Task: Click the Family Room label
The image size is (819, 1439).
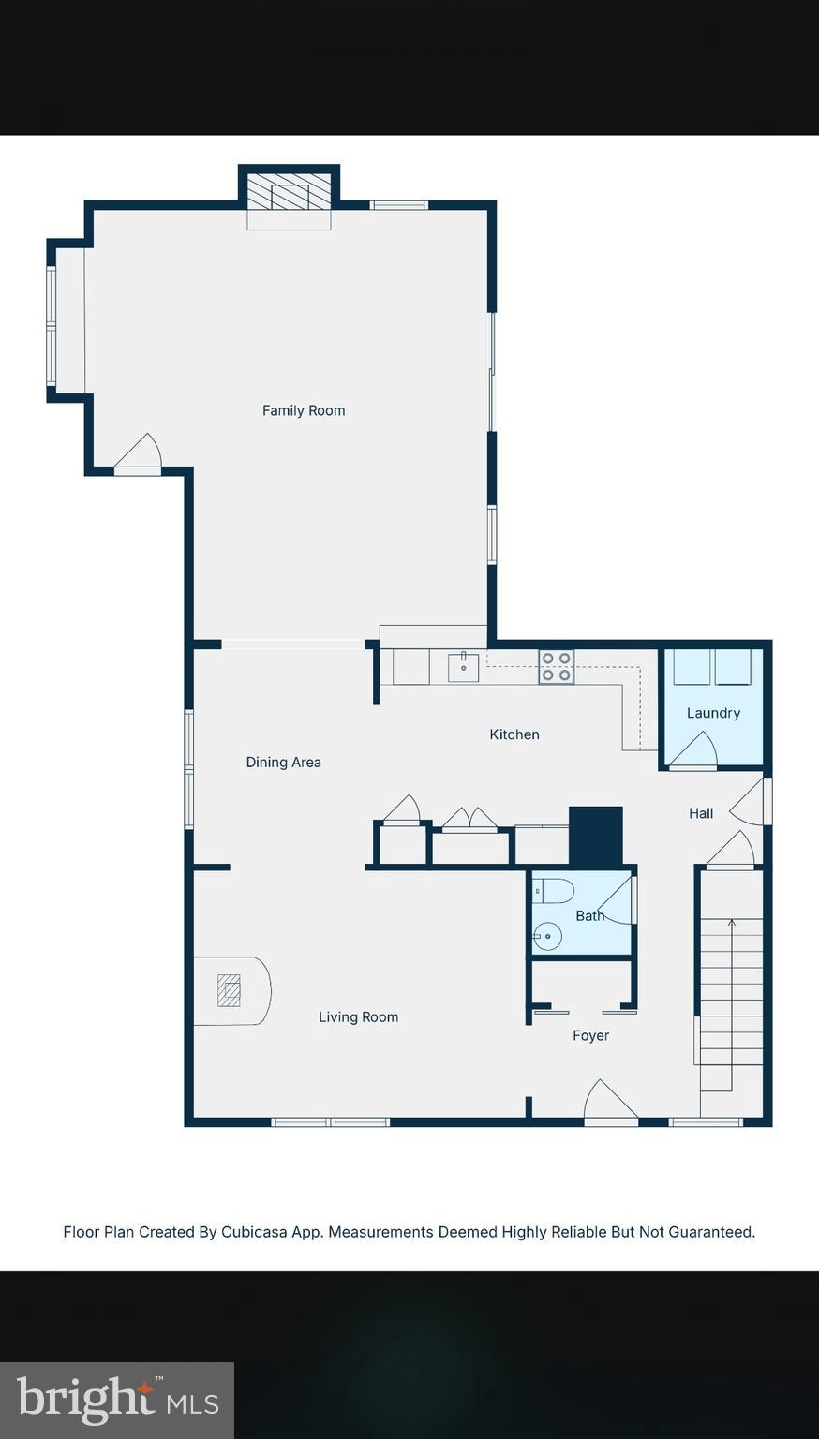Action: click(303, 410)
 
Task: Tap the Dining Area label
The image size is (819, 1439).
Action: click(283, 763)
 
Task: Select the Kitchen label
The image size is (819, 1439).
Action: click(514, 734)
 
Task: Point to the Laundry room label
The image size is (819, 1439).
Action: click(713, 713)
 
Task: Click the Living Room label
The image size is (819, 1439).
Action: click(358, 1016)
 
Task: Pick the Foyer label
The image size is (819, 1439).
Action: click(590, 1035)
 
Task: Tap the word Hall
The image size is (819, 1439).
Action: click(701, 813)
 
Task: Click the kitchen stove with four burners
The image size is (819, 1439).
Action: click(556, 667)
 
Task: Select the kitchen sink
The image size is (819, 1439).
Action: click(463, 667)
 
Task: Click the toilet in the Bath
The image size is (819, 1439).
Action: click(553, 890)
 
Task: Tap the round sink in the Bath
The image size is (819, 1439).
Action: click(547, 936)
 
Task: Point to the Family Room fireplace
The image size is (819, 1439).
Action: click(290, 195)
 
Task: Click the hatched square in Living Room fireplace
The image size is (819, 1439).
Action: click(229, 990)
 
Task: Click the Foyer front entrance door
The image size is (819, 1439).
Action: click(609, 1104)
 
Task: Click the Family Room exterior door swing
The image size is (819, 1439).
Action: click(139, 454)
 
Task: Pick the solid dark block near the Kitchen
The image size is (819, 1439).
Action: click(596, 836)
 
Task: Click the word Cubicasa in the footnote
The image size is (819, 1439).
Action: click(254, 1232)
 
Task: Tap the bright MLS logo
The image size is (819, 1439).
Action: click(117, 1400)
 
